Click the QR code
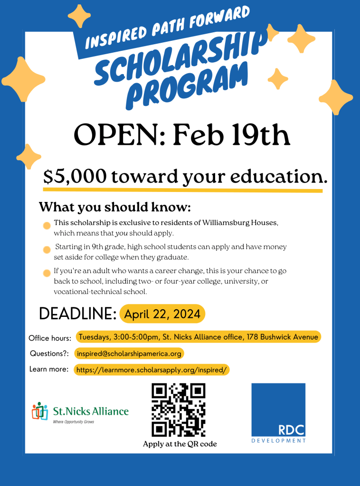click(178, 409)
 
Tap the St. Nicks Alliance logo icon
click(40, 411)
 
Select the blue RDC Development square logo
click(278, 410)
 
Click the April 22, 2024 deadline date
click(162, 314)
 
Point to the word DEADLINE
click(77, 314)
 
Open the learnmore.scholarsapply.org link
click(152, 369)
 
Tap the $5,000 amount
click(75, 176)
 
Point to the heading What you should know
click(114, 208)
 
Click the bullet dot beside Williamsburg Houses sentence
click(47, 226)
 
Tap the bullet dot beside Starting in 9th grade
click(47, 250)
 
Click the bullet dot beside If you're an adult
click(47, 273)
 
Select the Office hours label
click(50, 338)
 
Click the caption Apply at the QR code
click(180, 444)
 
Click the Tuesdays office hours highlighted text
click(198, 337)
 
